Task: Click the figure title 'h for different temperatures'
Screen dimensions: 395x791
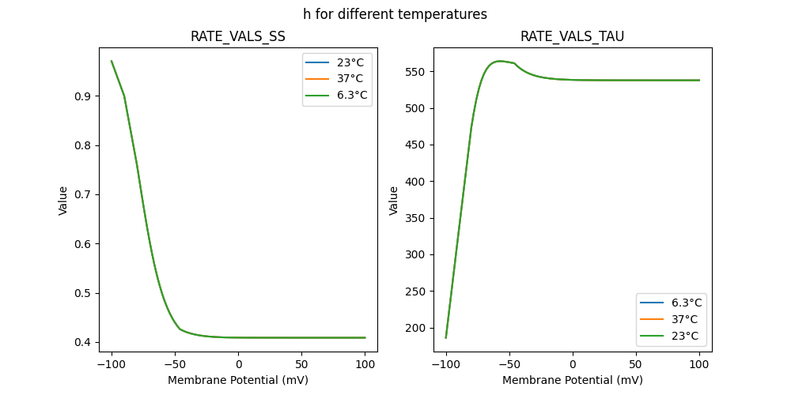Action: [x=395, y=14]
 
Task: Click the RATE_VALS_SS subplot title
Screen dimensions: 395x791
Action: [x=238, y=36]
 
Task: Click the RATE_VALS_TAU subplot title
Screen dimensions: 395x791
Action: [x=572, y=36]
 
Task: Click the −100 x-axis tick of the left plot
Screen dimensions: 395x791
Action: [x=111, y=365]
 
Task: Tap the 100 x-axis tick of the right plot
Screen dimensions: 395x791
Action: [x=699, y=365]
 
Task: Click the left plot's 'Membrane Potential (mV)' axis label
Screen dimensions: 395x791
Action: [x=238, y=380]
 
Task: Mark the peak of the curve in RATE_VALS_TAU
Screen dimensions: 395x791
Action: [x=500, y=61]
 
